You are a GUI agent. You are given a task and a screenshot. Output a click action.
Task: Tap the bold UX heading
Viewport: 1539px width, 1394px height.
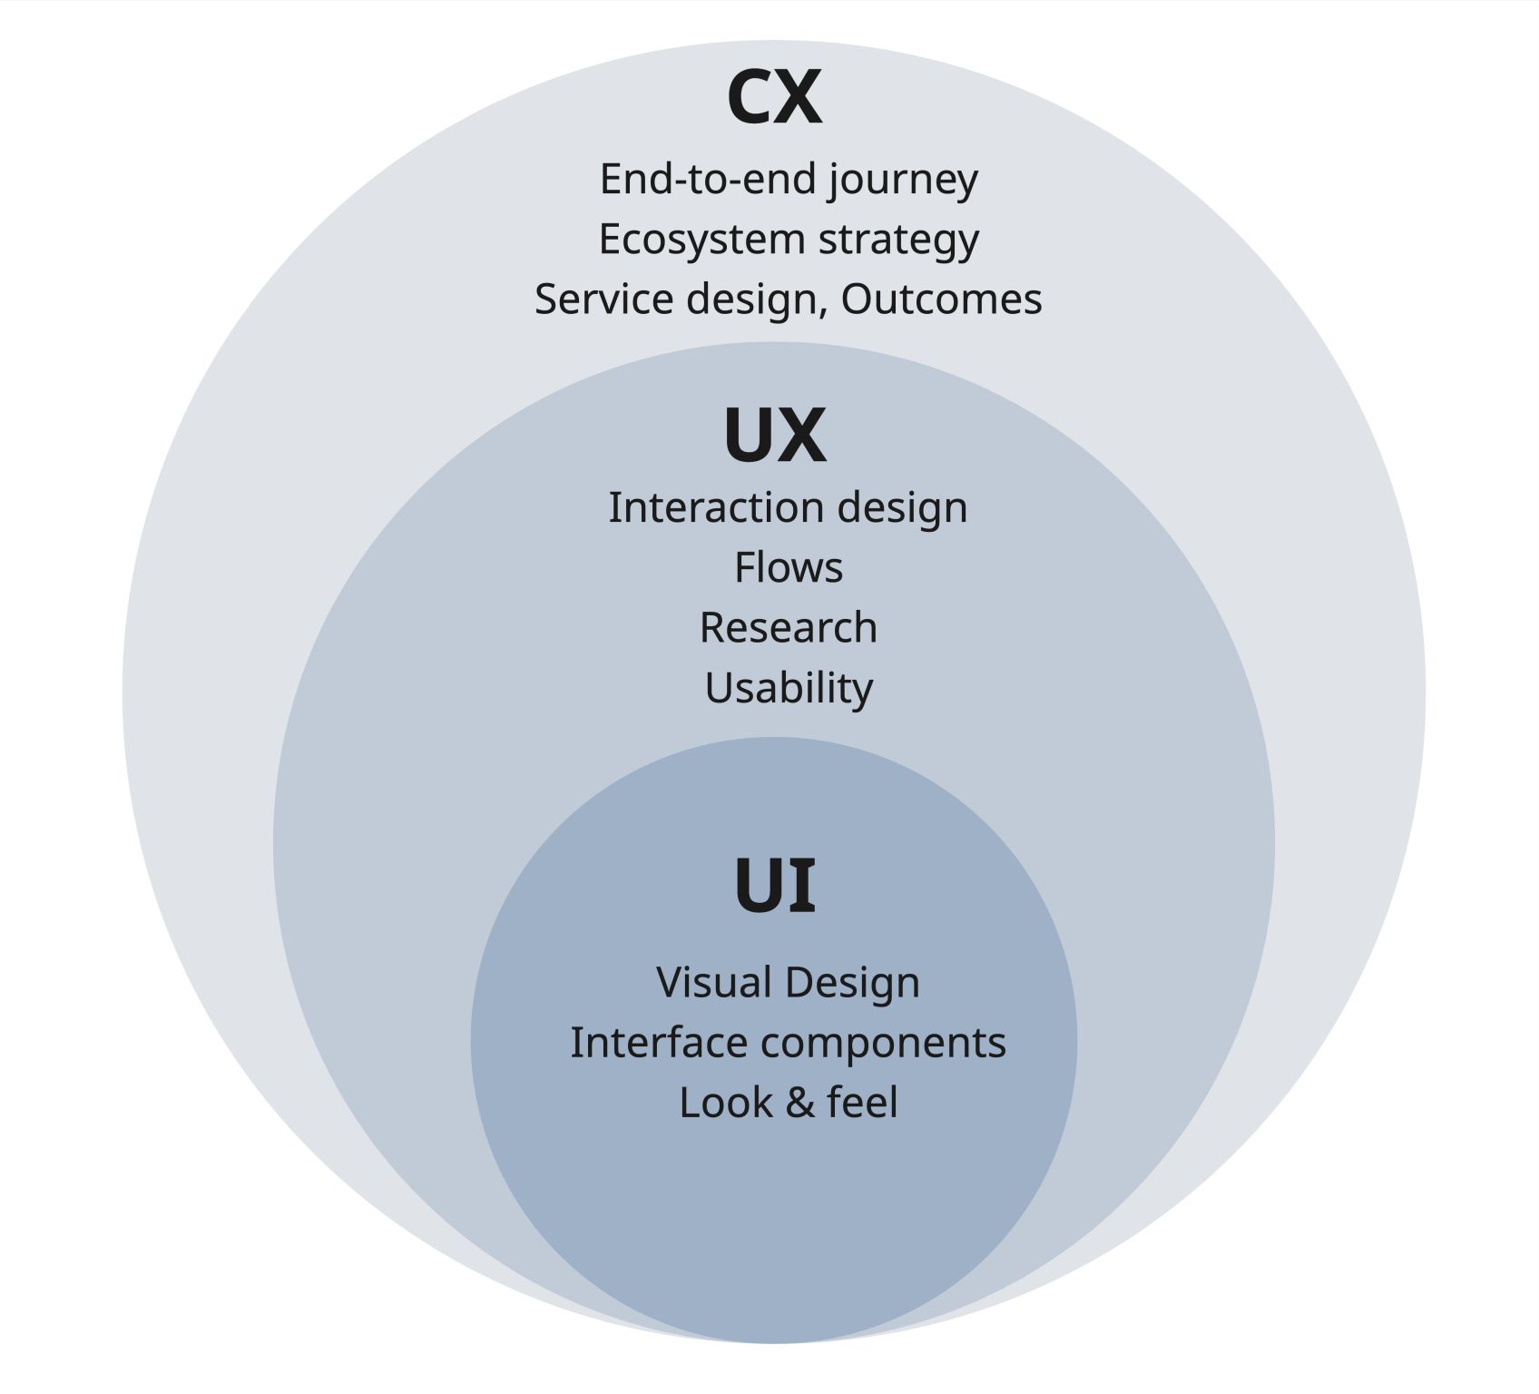point(775,436)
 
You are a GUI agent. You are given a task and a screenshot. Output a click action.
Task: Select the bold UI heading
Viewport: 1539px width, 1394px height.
point(774,884)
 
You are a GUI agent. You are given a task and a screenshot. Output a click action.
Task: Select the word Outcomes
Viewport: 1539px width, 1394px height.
point(941,299)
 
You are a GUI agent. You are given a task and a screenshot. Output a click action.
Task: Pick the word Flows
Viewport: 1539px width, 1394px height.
point(789,568)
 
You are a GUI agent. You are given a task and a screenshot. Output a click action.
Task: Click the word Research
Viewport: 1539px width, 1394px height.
point(789,628)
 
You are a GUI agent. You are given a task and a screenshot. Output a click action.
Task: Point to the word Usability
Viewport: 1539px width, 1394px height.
point(789,689)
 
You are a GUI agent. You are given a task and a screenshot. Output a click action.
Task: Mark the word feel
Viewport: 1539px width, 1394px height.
point(862,1103)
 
